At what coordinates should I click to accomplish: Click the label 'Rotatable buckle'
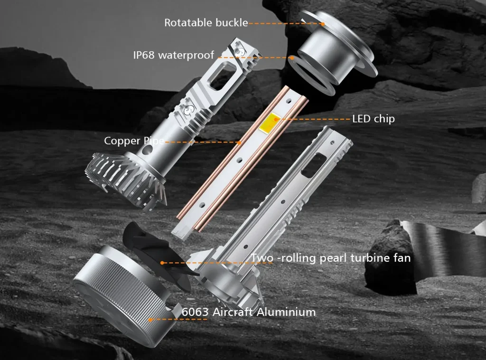coord(206,22)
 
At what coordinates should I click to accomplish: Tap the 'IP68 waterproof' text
coord(173,55)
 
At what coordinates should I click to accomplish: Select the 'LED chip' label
coord(373,119)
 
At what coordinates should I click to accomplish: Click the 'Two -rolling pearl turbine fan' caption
coord(331,258)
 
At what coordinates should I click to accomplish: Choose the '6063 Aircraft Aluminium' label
coord(249,312)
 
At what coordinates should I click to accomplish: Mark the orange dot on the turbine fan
coord(162,262)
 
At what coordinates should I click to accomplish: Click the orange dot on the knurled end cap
coord(150,320)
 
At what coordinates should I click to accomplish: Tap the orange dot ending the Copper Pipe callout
coord(240,142)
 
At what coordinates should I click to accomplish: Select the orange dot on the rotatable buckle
coord(323,23)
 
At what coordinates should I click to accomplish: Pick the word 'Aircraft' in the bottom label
coord(232,312)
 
